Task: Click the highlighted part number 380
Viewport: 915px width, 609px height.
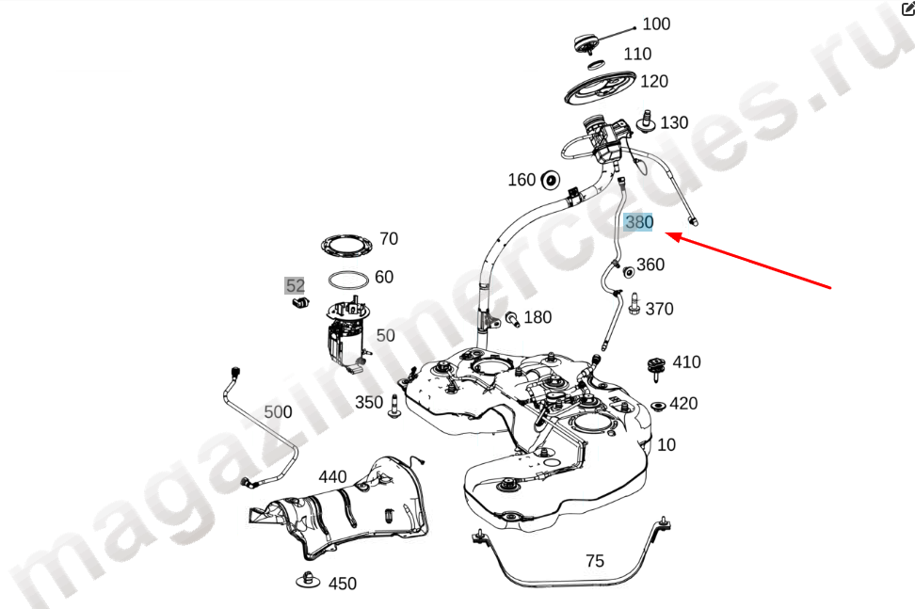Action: pyautogui.click(x=638, y=222)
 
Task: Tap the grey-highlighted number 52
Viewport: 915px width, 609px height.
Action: pyautogui.click(x=295, y=286)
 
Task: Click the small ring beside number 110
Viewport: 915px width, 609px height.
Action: pyautogui.click(x=596, y=64)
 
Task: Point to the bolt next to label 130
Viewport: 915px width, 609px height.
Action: pyautogui.click(x=646, y=120)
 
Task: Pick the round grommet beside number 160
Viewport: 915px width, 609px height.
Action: pyautogui.click(x=550, y=180)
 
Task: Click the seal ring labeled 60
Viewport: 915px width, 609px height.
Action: pyautogui.click(x=348, y=280)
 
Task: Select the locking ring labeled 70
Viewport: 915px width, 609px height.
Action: pyautogui.click(x=346, y=244)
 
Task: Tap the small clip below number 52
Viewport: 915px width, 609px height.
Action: pyautogui.click(x=300, y=301)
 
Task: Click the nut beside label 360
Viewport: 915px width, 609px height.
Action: pyautogui.click(x=629, y=272)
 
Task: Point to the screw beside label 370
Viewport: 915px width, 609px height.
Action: pyautogui.click(x=634, y=304)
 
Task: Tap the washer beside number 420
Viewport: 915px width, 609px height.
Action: pyautogui.click(x=659, y=406)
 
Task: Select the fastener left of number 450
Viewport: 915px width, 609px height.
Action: pyautogui.click(x=308, y=580)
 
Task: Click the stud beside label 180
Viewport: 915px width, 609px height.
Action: pyautogui.click(x=512, y=319)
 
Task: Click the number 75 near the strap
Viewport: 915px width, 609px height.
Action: pyautogui.click(x=595, y=561)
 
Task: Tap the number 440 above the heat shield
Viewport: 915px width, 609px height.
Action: pyautogui.click(x=332, y=477)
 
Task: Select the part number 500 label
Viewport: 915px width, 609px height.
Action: pyautogui.click(x=278, y=412)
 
